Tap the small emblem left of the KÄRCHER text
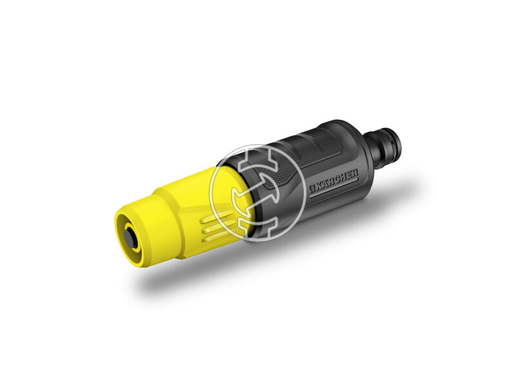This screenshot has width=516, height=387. pos(312,188)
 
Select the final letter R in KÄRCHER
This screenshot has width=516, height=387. pos(354,174)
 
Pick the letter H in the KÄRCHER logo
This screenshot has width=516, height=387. pos(343,177)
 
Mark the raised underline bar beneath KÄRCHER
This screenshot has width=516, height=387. pos(334,189)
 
